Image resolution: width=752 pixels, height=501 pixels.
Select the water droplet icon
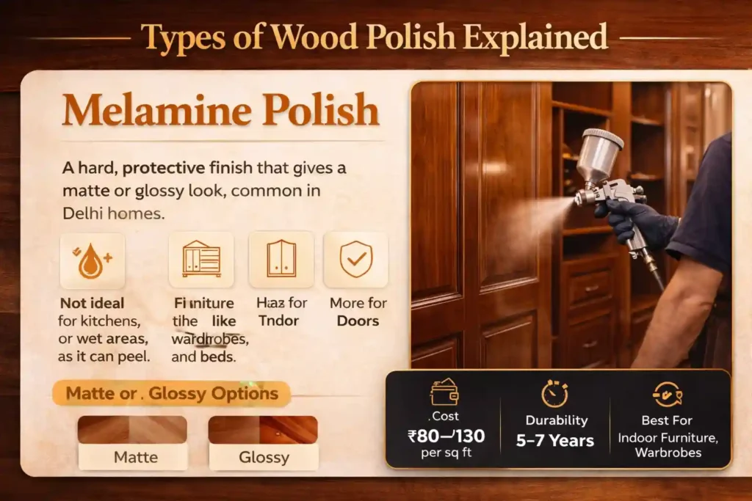(x=92, y=260)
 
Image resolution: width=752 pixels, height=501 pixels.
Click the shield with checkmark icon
(x=355, y=260)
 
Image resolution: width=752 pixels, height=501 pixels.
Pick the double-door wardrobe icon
(x=281, y=260)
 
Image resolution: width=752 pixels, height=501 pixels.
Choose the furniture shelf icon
(x=200, y=260)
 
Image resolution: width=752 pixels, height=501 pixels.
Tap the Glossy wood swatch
(x=263, y=430)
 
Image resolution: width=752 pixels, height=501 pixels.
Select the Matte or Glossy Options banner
(x=173, y=393)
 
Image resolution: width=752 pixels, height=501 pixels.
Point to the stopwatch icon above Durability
(x=555, y=393)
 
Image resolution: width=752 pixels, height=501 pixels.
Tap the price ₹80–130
(x=446, y=436)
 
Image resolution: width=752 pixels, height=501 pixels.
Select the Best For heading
(x=668, y=421)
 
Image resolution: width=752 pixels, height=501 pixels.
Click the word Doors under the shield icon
(x=358, y=321)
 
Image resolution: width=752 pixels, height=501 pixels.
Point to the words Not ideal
(x=92, y=302)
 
